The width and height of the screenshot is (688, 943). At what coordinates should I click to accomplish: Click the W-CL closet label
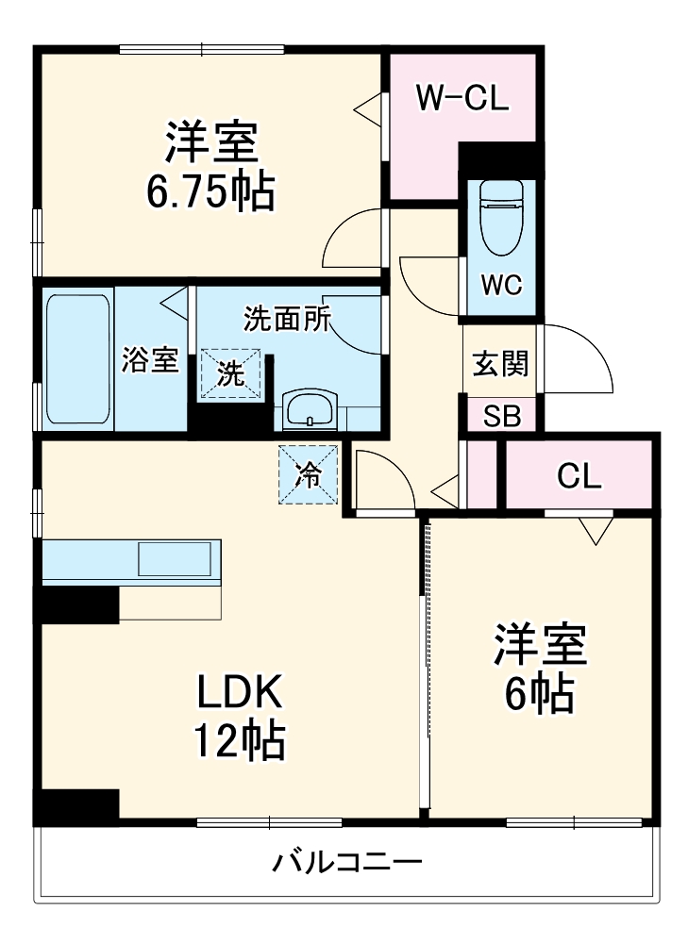(x=463, y=98)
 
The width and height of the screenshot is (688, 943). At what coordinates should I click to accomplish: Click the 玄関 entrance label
(x=499, y=363)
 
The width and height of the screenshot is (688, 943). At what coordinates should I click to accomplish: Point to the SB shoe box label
(x=501, y=416)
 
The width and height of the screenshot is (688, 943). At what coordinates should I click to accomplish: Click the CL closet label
(x=579, y=477)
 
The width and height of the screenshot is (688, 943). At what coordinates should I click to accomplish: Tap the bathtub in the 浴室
(x=78, y=360)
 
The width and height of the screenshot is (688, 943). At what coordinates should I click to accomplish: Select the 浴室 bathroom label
(x=150, y=360)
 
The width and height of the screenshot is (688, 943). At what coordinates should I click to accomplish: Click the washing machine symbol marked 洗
(x=231, y=373)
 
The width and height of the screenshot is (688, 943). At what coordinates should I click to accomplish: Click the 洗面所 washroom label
(x=287, y=320)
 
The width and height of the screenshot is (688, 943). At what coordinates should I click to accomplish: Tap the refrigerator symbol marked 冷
(x=308, y=475)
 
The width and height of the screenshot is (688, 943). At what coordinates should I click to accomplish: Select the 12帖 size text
(x=239, y=741)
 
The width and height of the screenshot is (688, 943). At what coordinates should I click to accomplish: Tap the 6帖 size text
(x=539, y=694)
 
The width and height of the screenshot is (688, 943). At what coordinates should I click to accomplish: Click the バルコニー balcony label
(x=347, y=861)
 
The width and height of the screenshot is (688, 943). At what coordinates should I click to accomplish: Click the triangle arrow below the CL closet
(x=595, y=530)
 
